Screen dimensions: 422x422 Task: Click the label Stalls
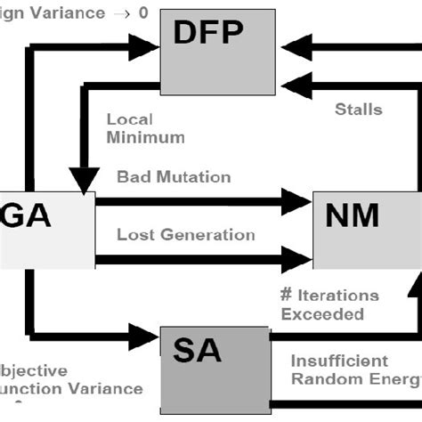pyautogui.click(x=358, y=110)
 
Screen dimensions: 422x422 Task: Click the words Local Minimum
pyautogui.click(x=145, y=128)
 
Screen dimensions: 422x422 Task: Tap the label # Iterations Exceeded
pyautogui.click(x=329, y=304)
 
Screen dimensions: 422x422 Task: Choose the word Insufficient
pyautogui.click(x=339, y=361)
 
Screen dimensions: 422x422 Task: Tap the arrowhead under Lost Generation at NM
pyautogui.click(x=295, y=260)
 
